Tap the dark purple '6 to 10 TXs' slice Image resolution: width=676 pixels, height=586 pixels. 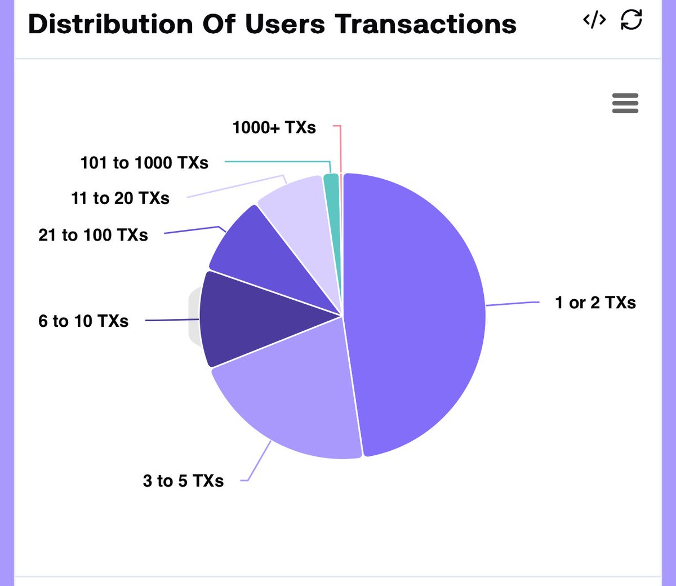[248, 318]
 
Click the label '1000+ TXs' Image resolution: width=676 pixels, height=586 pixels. [274, 128]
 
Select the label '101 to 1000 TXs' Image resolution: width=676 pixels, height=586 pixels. [144, 163]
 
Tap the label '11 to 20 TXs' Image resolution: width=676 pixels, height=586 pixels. [120, 198]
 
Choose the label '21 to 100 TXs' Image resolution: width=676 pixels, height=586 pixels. [93, 235]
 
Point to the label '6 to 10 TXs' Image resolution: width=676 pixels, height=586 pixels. [83, 321]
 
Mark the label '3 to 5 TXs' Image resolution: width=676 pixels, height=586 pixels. [183, 481]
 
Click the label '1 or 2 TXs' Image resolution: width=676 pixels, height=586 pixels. [595, 303]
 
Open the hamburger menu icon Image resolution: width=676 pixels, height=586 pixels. [625, 104]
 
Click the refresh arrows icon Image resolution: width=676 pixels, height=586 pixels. [631, 20]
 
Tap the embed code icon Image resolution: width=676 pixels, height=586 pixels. [594, 20]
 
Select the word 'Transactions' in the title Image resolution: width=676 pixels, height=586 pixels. [425, 25]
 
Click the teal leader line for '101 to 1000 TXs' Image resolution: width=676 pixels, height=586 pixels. [276, 162]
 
